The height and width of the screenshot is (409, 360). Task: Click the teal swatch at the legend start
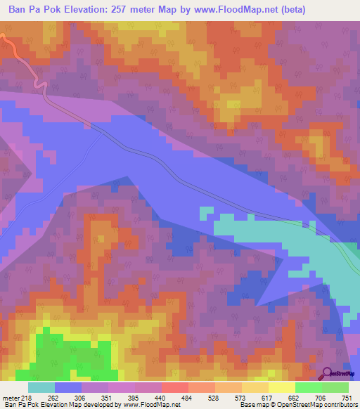[x=41, y=387]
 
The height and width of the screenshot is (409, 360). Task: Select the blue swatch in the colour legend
[x=68, y=387]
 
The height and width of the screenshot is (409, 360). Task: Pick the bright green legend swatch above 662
[x=308, y=387]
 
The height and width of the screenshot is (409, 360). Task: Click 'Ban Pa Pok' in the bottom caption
[x=19, y=405]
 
